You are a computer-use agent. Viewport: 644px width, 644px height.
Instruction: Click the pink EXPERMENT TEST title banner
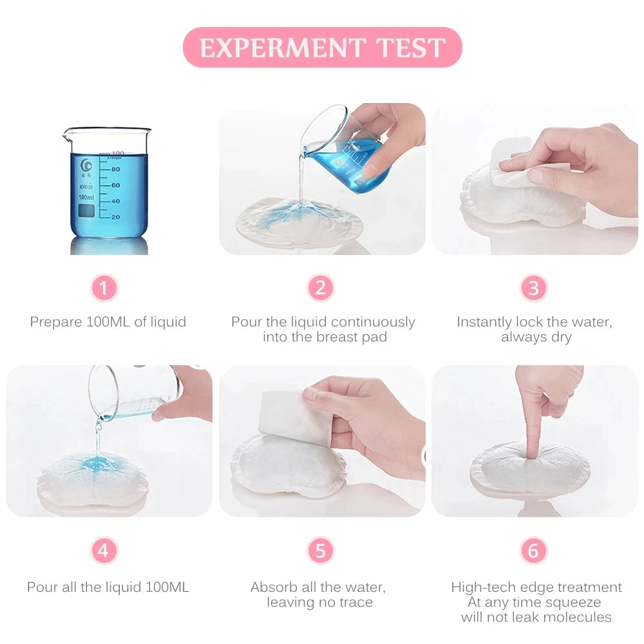tap(322, 47)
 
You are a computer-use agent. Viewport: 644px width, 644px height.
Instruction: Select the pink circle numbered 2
tap(320, 288)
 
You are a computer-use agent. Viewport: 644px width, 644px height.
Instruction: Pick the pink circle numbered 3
tap(533, 288)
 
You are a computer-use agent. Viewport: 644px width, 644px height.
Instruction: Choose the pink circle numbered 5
tap(320, 551)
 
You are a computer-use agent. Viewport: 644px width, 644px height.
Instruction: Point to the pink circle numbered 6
tap(533, 551)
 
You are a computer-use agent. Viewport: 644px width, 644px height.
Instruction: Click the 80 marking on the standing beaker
tap(115, 169)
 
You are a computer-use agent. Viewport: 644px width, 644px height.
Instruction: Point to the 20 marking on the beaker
tap(115, 217)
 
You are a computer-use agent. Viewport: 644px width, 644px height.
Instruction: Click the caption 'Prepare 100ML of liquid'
tap(108, 322)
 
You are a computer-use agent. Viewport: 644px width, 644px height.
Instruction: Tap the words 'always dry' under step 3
tap(536, 337)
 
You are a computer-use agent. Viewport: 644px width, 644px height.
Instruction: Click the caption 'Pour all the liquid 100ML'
tap(108, 587)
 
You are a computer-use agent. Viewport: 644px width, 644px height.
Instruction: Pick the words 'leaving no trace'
tap(320, 603)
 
